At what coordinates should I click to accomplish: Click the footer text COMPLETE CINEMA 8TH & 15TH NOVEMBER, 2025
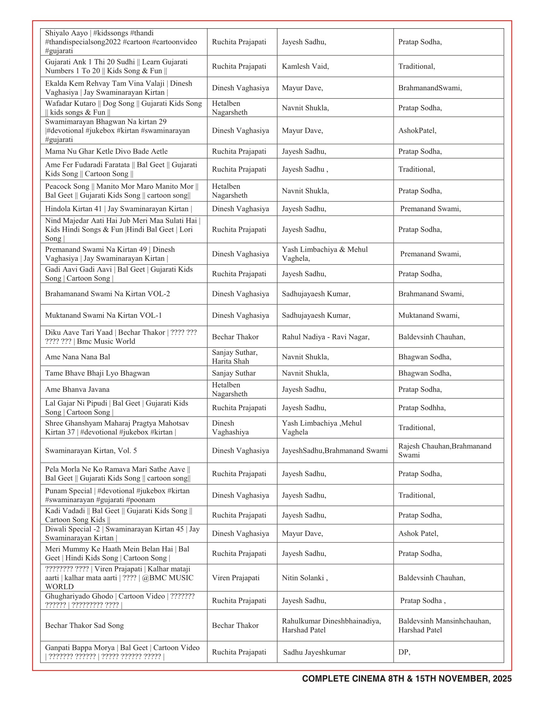click(406, 678)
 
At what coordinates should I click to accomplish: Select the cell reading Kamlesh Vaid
click(305, 67)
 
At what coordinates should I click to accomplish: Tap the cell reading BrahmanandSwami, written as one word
click(430, 88)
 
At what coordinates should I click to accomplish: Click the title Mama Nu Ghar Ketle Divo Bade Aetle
click(106, 151)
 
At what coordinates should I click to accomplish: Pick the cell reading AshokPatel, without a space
click(417, 131)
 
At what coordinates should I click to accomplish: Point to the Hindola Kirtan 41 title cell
click(118, 209)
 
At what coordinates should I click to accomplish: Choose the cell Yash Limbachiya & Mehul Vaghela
click(324, 254)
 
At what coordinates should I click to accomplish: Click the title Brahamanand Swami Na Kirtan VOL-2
click(107, 294)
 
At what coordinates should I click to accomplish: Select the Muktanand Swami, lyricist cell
click(428, 315)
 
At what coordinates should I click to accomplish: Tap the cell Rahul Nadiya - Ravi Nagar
click(325, 337)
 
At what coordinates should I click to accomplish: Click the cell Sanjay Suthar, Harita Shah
click(235, 357)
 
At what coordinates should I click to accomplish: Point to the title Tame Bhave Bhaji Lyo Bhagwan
click(97, 373)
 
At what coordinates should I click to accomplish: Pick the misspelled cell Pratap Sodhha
click(422, 408)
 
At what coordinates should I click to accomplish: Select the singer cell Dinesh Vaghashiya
click(230, 428)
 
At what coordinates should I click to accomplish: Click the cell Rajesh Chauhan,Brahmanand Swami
click(444, 451)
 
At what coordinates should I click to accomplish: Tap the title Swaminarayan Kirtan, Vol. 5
click(91, 451)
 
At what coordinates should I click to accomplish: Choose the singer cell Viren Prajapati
click(236, 578)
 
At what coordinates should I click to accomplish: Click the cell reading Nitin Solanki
click(305, 578)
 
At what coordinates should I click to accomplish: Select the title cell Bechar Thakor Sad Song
click(84, 625)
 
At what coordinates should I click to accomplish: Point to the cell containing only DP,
click(404, 652)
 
